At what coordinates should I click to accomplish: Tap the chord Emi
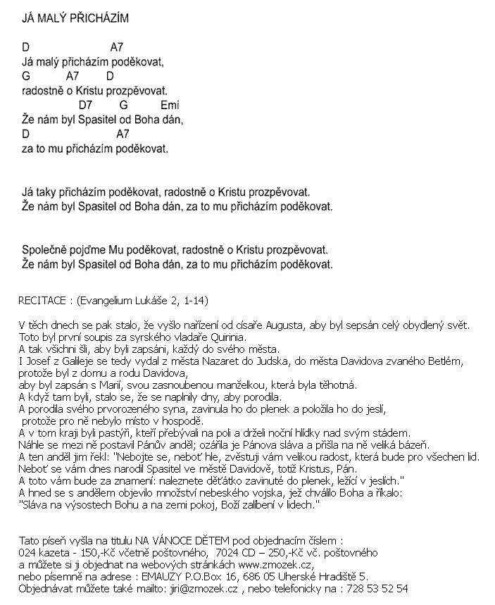click(x=170, y=105)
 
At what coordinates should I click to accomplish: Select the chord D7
click(x=87, y=105)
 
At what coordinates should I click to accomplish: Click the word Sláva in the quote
click(x=35, y=505)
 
